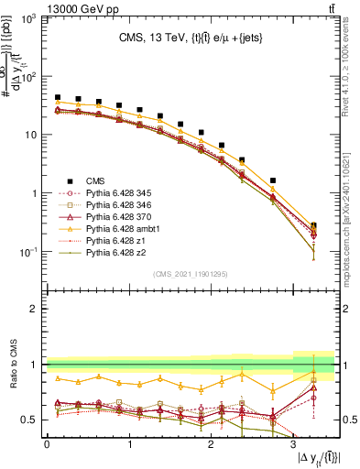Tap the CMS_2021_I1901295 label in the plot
click(x=191, y=274)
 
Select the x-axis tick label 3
click(x=293, y=443)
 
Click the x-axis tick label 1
click(x=128, y=443)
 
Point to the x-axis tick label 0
click(x=47, y=443)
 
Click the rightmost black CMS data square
click(x=314, y=225)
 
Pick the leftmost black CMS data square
click(x=58, y=97)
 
